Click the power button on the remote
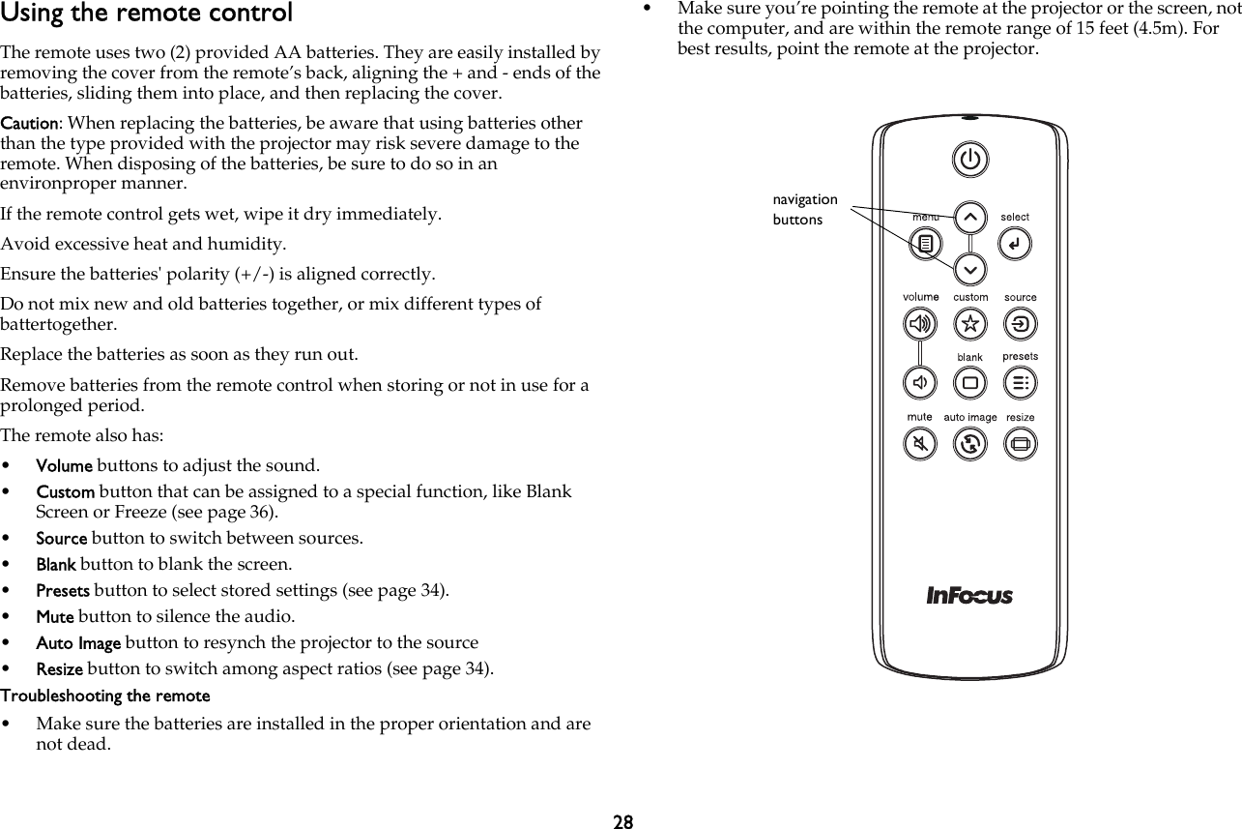(x=970, y=160)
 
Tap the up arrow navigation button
(x=970, y=217)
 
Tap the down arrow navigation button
(x=970, y=268)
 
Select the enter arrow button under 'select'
(x=1015, y=244)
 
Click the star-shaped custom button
(x=970, y=324)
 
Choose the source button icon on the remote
(x=1021, y=324)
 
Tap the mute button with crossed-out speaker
(x=920, y=444)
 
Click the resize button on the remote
(x=1021, y=444)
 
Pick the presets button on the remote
(x=1021, y=383)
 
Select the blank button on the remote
(x=970, y=383)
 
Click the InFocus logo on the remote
(x=969, y=595)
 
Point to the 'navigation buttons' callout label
(x=804, y=209)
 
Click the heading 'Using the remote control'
(x=146, y=14)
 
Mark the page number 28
(x=623, y=821)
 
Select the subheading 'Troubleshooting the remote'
(x=105, y=696)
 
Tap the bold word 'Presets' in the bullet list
(x=63, y=590)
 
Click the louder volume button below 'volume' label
(x=920, y=324)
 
